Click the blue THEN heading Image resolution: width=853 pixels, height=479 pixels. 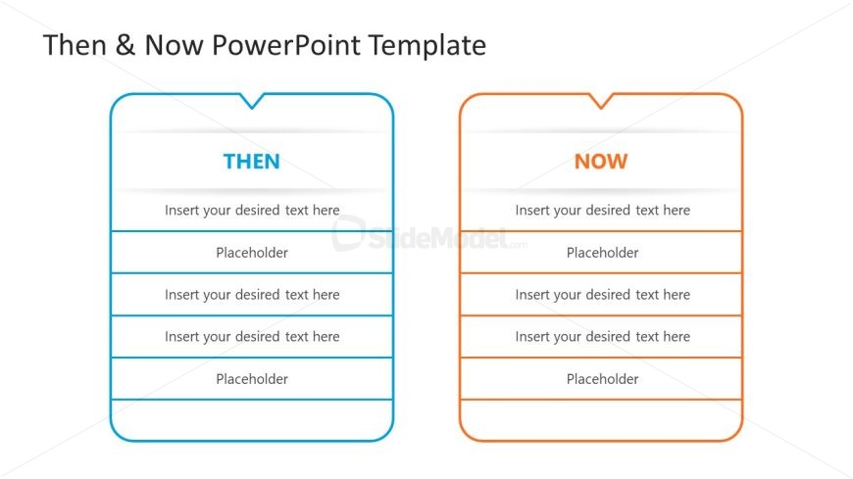pos(251,162)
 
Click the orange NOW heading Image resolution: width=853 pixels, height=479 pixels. pos(601,162)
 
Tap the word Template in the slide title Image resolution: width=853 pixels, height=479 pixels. pos(427,45)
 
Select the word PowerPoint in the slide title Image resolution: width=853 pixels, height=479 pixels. pos(285,45)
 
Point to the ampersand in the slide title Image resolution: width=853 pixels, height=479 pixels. pos(125,45)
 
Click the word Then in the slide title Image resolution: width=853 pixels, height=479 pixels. pos(75,45)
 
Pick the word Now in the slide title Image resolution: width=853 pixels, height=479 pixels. pos(174,45)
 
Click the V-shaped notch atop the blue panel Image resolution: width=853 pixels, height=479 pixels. pos(252,102)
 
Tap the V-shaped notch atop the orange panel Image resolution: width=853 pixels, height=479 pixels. pos(601,102)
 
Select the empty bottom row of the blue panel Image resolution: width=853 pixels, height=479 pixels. pos(252,419)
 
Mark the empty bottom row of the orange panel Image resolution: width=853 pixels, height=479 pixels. pos(601,419)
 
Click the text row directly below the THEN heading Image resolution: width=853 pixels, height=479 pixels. pos(252,210)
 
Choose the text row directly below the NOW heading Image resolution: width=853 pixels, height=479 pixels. pos(602,210)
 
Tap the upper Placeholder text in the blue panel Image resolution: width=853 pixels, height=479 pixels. pos(252,253)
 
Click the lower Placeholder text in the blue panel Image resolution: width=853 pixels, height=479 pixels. pos(252,379)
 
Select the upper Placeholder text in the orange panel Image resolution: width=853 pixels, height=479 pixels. pos(602,253)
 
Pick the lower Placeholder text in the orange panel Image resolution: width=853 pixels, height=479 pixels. pos(602,379)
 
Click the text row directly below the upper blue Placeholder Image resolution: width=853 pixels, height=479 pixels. pos(252,295)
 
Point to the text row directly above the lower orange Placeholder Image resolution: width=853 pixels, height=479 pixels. pos(602,337)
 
